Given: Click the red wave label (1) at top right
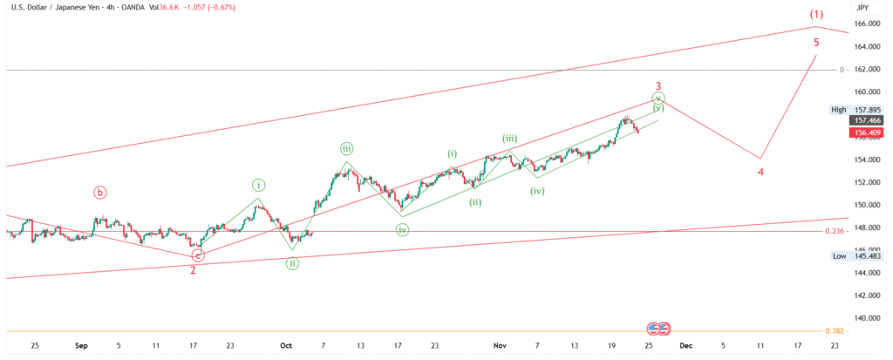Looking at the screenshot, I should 815,15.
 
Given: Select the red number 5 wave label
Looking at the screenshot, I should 816,42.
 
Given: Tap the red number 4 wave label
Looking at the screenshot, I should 760,172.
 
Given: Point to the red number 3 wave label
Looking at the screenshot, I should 658,86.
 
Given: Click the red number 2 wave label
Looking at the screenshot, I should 193,269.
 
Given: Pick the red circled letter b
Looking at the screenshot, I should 100,192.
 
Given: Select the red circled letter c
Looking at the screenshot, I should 198,255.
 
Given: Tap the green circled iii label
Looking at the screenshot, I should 347,149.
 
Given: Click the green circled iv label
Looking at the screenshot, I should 402,230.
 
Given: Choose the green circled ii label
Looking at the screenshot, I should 293,263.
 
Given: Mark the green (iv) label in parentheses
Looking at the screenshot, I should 537,191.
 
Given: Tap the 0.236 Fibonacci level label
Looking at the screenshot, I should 834,231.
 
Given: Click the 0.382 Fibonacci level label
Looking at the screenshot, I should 834,332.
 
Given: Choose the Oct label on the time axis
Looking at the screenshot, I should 285,346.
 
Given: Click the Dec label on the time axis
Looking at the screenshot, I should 685,346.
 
